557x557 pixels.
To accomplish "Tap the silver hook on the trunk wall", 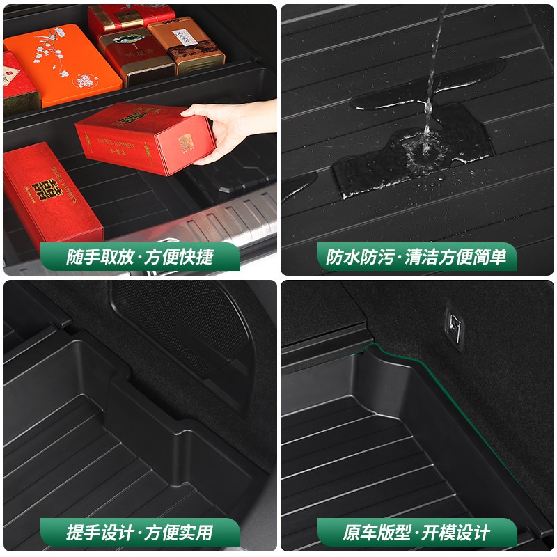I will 454,323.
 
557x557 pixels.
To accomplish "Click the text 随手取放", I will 97,257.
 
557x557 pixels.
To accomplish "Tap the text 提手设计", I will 97,533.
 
